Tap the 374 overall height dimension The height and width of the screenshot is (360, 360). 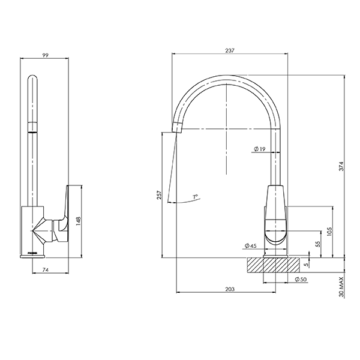pyautogui.click(x=341, y=167)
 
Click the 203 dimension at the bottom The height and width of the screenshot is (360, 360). pyautogui.click(x=230, y=289)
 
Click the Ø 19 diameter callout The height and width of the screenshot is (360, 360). pyautogui.click(x=260, y=149)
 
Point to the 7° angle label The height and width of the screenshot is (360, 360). pyautogui.click(x=196, y=197)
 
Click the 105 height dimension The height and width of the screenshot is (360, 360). pyautogui.click(x=329, y=232)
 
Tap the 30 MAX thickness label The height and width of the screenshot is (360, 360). pyautogui.click(x=341, y=287)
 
